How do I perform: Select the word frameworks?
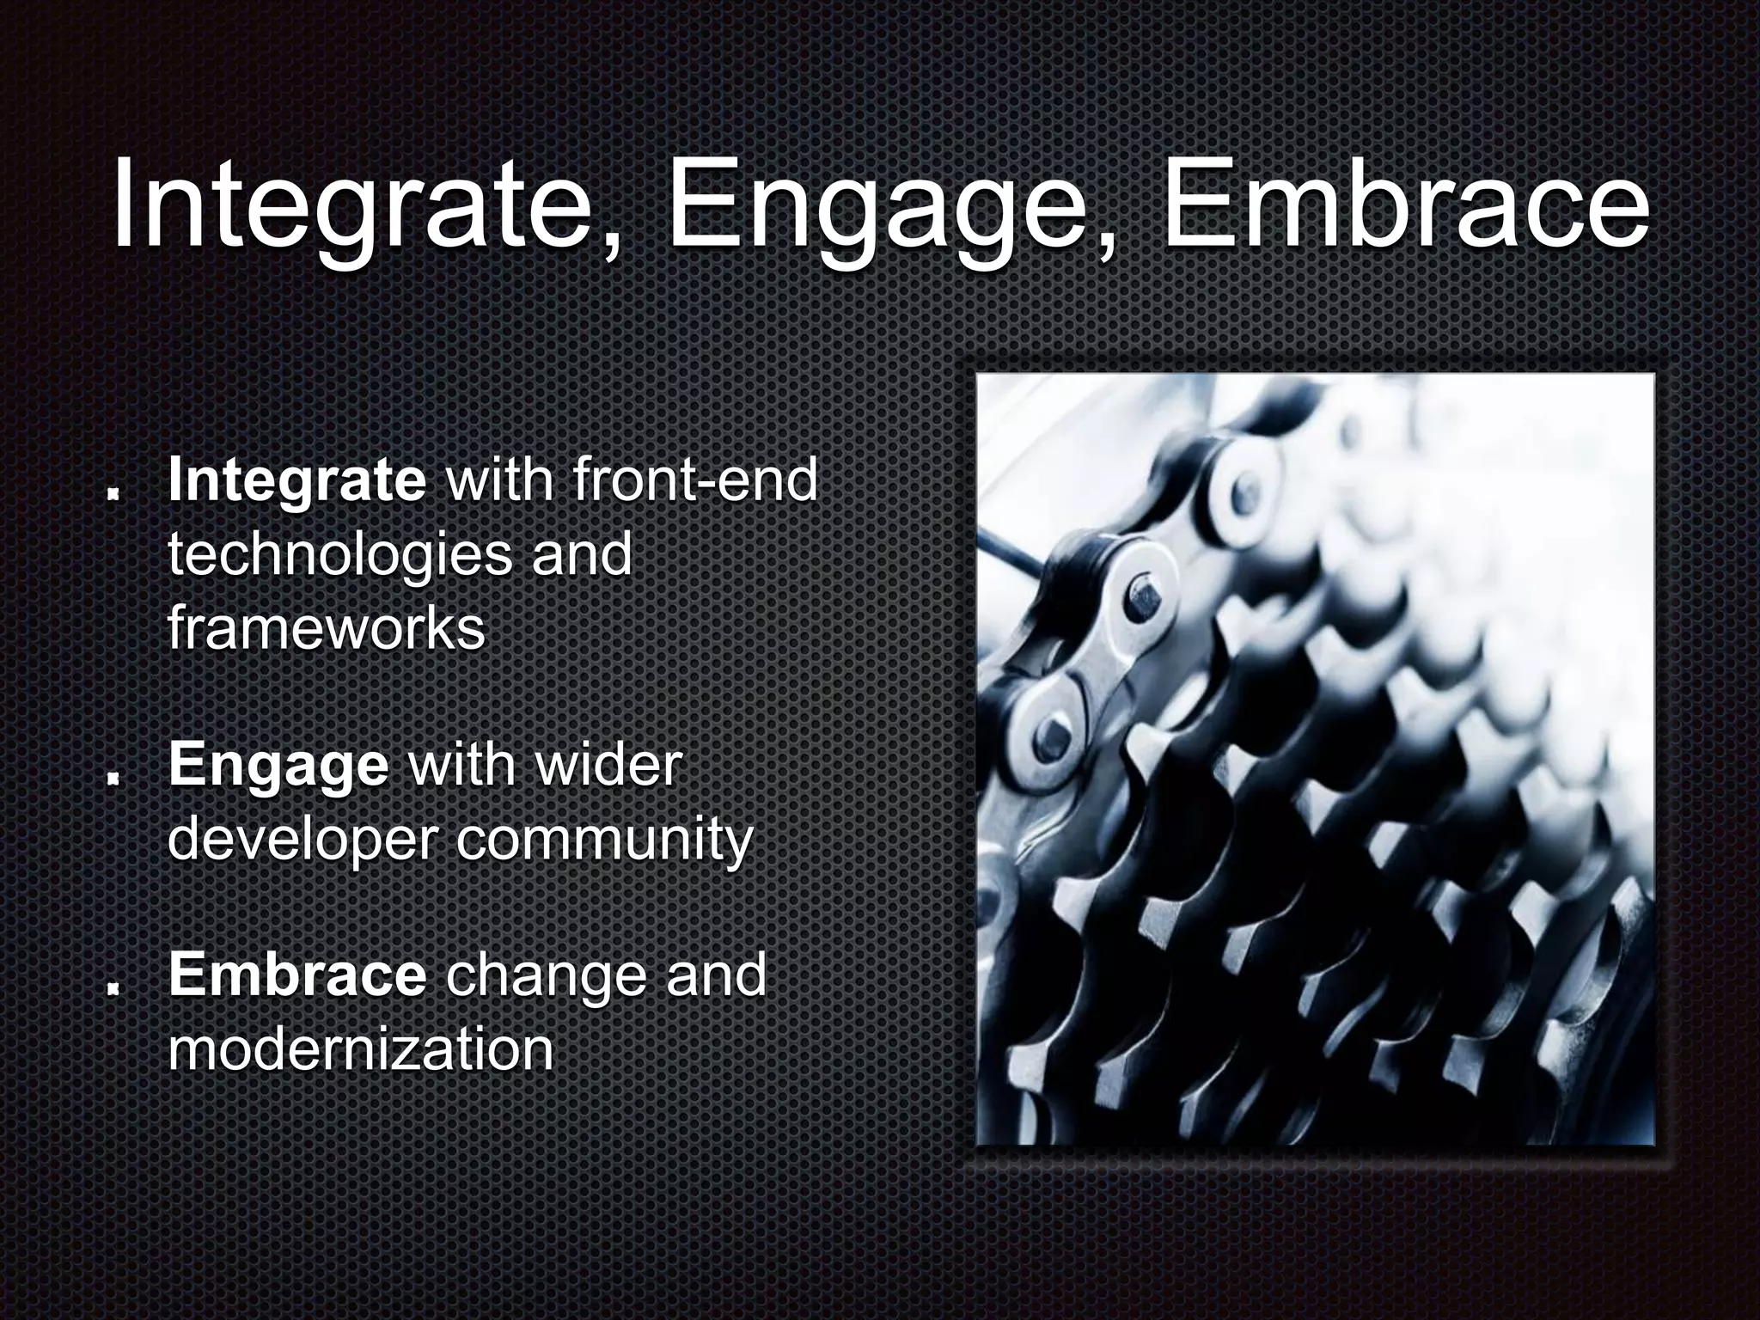[x=327, y=629]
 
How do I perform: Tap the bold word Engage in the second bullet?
[x=278, y=765]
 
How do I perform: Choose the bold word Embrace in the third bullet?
[x=296, y=975]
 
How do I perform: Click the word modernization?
[x=360, y=1048]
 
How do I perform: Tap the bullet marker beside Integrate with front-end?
[x=112, y=496]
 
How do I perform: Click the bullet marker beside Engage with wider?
[x=112, y=778]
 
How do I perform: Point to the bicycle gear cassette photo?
[x=1315, y=760]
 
